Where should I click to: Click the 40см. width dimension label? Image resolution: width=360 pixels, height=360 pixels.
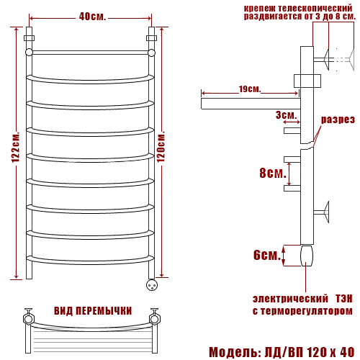point(92,17)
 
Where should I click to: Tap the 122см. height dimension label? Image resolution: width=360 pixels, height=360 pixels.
point(16,147)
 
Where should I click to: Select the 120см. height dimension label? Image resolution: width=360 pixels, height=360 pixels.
point(161,146)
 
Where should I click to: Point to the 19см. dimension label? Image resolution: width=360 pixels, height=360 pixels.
point(250,89)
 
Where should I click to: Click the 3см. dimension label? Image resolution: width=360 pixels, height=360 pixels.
point(287,115)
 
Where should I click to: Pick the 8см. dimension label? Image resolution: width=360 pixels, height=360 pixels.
point(273,173)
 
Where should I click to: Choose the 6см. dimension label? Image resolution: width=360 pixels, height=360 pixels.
point(267,255)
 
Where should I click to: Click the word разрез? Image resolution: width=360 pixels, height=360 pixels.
point(338,120)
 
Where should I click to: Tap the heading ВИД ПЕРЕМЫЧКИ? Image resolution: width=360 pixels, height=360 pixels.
point(93,311)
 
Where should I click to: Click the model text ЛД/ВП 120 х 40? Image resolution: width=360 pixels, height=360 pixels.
point(310,352)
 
